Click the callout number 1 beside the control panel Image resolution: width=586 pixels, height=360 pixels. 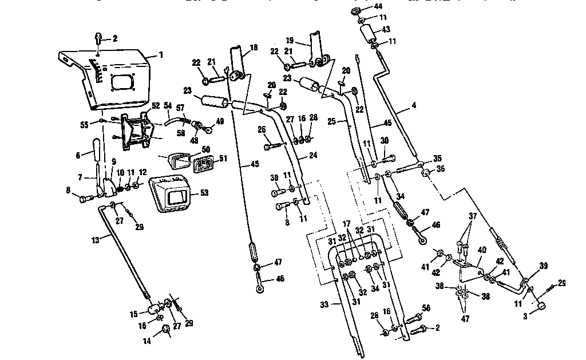[161, 55]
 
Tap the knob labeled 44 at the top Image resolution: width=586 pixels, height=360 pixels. [355, 12]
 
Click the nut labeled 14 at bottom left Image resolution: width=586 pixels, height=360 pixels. [165, 329]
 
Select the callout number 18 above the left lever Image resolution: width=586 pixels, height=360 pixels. [253, 47]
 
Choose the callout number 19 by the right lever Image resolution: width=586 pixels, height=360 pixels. [290, 41]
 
